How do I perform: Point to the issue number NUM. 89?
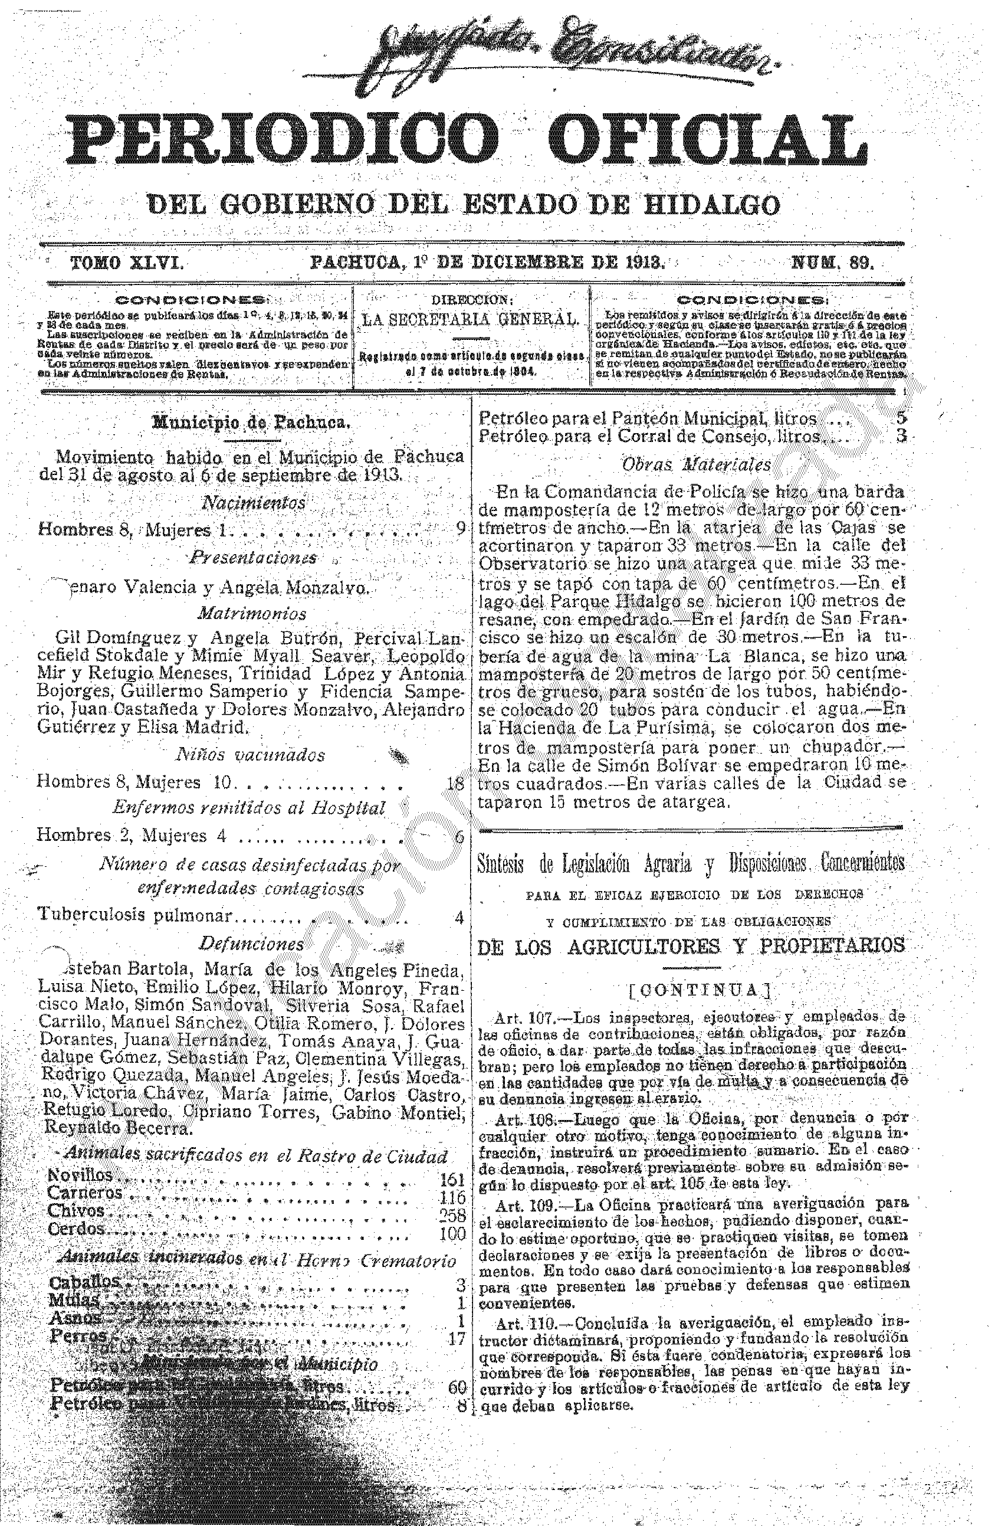(833, 262)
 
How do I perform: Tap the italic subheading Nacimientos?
(254, 503)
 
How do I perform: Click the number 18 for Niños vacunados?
(455, 782)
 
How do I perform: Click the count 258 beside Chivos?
(452, 1214)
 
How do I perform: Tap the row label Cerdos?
(75, 1229)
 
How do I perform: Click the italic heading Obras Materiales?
(697, 465)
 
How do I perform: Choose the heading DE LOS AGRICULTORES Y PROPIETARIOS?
(691, 947)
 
